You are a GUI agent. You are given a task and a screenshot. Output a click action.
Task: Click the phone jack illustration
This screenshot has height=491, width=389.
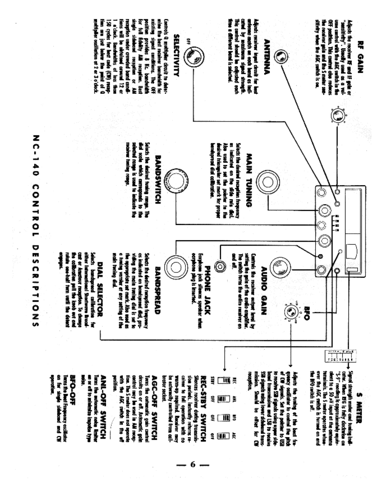pyautogui.click(x=220, y=266)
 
